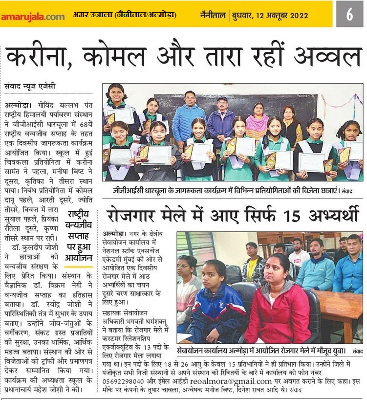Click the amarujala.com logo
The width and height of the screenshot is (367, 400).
click(x=32, y=16)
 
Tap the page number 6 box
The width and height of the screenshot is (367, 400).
click(x=349, y=15)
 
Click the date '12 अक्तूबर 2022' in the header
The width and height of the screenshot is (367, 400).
click(x=296, y=15)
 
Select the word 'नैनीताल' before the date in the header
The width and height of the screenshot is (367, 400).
click(x=213, y=15)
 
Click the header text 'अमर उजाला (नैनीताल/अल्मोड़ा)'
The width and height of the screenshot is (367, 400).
click(x=125, y=15)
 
